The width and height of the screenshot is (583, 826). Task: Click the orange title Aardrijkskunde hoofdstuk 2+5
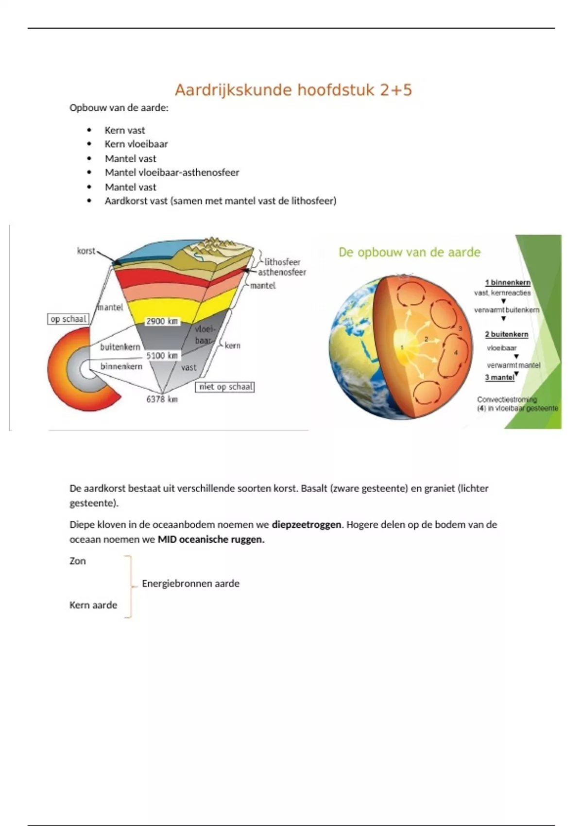293,90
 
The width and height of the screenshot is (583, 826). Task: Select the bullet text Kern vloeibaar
136,144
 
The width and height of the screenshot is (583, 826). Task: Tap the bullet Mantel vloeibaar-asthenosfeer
172,172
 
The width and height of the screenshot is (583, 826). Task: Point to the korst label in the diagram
86,251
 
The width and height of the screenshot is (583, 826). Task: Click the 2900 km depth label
162,321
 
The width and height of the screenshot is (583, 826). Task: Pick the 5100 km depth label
162,356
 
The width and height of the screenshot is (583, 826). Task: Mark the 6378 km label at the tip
162,399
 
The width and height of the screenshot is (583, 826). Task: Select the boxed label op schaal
68,319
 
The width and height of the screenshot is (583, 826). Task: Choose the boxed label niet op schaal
225,387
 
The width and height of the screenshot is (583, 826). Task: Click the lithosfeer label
282,262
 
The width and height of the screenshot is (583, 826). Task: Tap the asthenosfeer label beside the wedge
282,273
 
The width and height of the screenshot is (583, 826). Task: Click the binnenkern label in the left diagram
121,366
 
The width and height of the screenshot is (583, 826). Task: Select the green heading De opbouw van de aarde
410,252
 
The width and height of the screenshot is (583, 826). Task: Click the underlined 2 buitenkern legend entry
507,334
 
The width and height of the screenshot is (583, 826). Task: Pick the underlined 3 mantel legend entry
499,377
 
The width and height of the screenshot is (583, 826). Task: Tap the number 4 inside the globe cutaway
456,353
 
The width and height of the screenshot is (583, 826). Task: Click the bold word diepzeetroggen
307,525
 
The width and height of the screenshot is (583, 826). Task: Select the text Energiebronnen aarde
190,584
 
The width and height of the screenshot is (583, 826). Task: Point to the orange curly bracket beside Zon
129,586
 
